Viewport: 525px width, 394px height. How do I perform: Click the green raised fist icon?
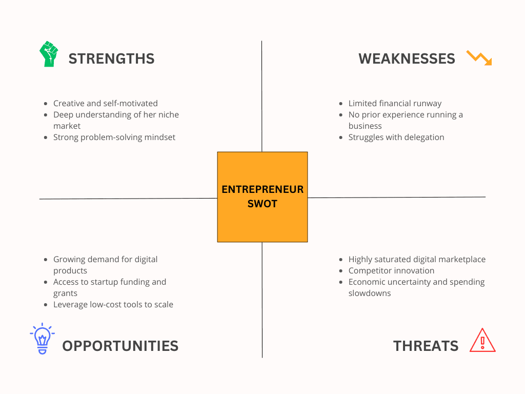[49, 54]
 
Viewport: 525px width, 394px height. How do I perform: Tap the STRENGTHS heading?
[111, 58]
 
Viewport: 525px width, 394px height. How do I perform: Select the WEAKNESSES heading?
[407, 58]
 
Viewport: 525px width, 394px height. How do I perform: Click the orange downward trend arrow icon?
[479, 57]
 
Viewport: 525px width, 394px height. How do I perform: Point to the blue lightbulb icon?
[42, 339]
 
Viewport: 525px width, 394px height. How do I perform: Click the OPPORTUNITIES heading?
[120, 346]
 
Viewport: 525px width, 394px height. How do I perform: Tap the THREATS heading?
[426, 346]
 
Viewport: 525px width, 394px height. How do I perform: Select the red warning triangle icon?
[482, 340]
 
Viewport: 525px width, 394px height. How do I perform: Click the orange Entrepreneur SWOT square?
[262, 196]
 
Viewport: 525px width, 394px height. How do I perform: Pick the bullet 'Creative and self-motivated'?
[105, 103]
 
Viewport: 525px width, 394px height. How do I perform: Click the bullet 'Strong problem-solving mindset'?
[114, 137]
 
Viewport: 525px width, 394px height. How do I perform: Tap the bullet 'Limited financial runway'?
[395, 103]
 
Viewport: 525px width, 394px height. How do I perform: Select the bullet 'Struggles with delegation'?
[396, 137]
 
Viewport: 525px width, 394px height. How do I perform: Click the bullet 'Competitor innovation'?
[391, 270]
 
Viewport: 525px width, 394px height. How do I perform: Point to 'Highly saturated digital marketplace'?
[416, 259]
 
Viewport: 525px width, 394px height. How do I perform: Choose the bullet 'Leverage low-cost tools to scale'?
[113, 304]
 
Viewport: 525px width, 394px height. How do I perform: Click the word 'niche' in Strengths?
[167, 114]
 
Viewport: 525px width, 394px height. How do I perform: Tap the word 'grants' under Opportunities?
[66, 293]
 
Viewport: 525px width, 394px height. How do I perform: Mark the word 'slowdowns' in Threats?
[370, 293]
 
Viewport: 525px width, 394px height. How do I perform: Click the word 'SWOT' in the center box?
[262, 204]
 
